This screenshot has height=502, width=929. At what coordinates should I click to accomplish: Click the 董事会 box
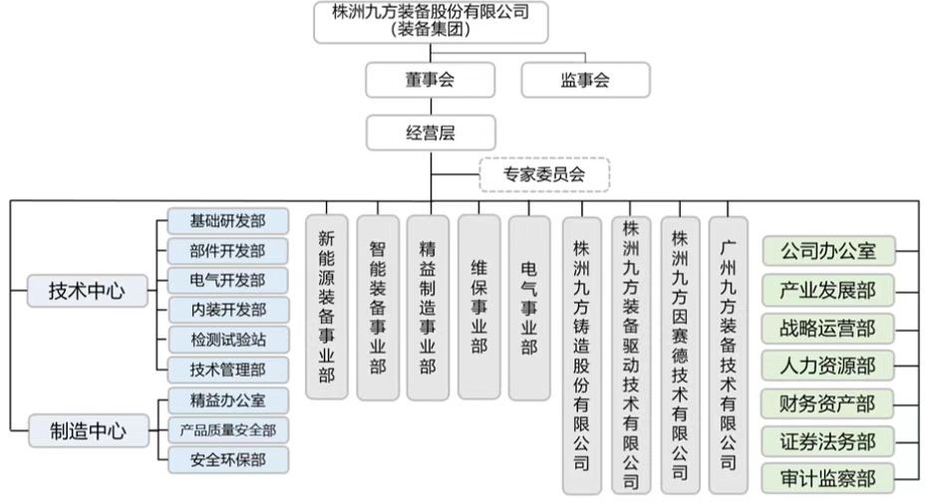coord(431,80)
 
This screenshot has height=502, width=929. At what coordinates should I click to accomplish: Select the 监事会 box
coord(585,80)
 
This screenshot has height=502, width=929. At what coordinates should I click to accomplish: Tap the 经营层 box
coord(431,132)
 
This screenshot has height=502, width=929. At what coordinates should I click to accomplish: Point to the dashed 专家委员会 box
coord(544,174)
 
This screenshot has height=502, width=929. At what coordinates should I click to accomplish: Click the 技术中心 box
coord(87,291)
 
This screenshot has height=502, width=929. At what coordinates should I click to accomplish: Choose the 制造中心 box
coord(89,430)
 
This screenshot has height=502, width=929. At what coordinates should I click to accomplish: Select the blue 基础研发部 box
coord(228,221)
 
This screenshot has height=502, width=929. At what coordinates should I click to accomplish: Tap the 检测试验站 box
coord(228,340)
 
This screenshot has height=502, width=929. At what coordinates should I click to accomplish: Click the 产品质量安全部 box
coord(228,430)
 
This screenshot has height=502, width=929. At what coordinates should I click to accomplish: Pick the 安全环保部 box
coord(228,460)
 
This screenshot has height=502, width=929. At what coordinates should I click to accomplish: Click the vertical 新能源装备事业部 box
coord(327,307)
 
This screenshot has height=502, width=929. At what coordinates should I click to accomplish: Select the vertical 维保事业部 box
coord(478,307)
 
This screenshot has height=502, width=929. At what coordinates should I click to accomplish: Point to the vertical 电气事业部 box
coord(529,308)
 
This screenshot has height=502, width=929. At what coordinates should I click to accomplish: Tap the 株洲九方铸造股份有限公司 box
coord(582,356)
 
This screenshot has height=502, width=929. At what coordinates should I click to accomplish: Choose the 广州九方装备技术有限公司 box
coord(729,356)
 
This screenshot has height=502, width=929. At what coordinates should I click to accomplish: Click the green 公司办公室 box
coord(828,251)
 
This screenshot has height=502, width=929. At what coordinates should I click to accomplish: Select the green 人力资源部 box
coord(827,366)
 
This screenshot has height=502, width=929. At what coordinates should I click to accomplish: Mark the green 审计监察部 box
coord(827,478)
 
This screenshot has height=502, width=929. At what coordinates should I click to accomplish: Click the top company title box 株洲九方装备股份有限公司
coord(431,23)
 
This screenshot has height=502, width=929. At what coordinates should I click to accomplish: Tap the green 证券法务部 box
coord(827,441)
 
